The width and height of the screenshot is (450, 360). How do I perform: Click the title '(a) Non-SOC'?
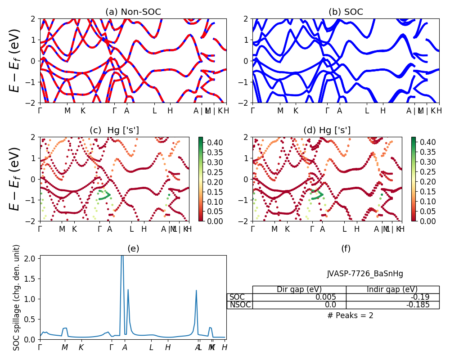[133, 12]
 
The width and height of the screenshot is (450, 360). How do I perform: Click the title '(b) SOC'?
[346, 12]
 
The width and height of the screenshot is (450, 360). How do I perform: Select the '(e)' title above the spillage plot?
[133, 248]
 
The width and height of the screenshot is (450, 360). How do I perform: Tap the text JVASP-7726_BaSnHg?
[365, 274]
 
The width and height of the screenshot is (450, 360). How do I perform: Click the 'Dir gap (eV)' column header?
[299, 289]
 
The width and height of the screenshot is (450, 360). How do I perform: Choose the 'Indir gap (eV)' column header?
[392, 289]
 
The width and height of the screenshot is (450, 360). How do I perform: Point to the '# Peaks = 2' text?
[350, 315]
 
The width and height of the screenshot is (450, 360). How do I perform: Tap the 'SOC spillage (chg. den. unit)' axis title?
[17, 297]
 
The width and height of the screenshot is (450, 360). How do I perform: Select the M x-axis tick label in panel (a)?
[67, 111]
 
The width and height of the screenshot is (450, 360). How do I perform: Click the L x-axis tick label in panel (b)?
[367, 111]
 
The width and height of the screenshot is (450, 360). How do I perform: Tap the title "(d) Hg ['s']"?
[327, 130]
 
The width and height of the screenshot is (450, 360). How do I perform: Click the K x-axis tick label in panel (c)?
[74, 229]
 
